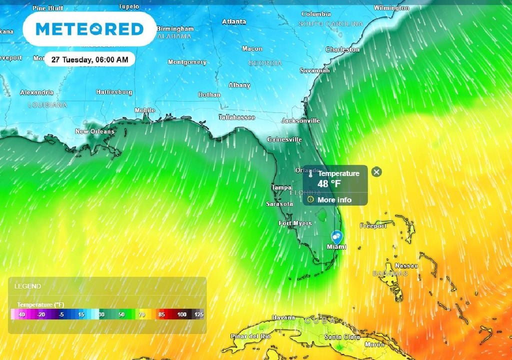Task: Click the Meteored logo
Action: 89,29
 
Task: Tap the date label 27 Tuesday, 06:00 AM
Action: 89,59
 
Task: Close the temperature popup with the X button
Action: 377,172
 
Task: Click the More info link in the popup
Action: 334,200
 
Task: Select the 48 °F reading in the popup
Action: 329,183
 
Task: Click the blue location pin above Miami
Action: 337,236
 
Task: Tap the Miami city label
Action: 336,247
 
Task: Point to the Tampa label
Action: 281,187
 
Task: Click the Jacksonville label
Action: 300,120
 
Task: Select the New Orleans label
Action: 94,131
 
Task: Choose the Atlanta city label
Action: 234,21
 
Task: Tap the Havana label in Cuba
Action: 283,317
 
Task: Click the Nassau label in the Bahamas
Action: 406,265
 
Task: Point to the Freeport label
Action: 373,226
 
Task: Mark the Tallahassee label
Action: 236,117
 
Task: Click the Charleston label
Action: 342,49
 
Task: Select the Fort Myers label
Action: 295,223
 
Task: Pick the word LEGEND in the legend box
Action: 27,286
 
